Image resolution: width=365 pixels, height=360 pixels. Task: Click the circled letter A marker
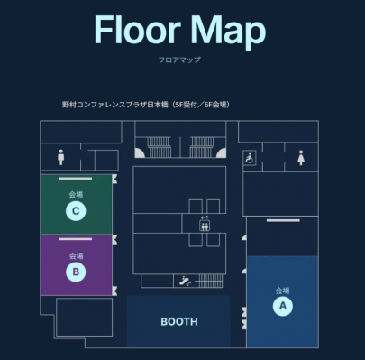coord(283,306)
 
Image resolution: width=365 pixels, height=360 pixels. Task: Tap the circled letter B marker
coord(76,272)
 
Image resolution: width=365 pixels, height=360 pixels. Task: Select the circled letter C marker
coord(76,211)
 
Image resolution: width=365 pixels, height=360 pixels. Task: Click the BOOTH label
coord(179,322)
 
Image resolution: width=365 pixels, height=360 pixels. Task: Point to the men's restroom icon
coord(61,157)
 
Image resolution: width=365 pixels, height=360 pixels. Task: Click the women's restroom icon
coord(301,158)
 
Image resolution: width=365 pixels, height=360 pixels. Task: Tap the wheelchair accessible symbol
coord(250,158)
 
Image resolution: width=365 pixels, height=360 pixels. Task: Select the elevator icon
coord(205,224)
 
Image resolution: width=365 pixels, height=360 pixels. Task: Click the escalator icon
coord(185,282)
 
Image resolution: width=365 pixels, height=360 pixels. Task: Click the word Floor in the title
coord(137,30)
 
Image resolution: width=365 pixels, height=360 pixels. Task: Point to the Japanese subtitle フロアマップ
coord(179,60)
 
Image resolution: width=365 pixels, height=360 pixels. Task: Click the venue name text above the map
coord(146,105)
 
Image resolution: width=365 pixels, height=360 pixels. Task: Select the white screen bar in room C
coord(76,179)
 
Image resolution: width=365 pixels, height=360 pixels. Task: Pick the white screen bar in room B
coord(76,239)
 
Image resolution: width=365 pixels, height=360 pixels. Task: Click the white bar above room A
coord(283,220)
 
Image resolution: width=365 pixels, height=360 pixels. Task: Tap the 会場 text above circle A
coord(283,291)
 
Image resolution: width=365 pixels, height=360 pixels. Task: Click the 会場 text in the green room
coord(76,194)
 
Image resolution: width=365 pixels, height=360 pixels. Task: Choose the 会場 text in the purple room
coord(76,256)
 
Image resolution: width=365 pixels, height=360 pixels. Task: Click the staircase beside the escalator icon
coord(211,281)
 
